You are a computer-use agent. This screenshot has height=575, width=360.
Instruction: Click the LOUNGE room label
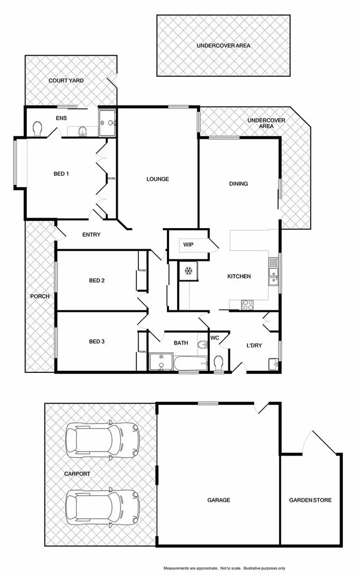tap(157, 179)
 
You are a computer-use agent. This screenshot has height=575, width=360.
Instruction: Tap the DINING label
tap(239, 184)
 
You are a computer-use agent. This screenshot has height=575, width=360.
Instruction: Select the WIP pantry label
tap(188, 245)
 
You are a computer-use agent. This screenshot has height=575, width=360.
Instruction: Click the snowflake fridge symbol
tap(186, 271)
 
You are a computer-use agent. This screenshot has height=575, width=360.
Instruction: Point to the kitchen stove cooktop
tap(247, 304)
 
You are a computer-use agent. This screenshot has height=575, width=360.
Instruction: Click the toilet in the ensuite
tap(38, 128)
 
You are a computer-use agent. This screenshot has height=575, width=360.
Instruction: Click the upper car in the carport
tap(102, 440)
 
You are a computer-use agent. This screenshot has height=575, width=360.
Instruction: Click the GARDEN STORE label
tap(310, 500)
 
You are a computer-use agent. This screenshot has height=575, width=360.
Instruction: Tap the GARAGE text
tap(218, 500)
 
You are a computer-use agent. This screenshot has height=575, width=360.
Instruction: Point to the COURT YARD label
tap(66, 81)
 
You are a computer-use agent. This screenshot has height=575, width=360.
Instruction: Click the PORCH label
tap(40, 296)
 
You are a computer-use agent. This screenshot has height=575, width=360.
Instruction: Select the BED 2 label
tap(96, 281)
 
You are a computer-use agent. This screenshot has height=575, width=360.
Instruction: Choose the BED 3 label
tap(96, 342)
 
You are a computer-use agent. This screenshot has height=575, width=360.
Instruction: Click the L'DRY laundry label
tap(254, 345)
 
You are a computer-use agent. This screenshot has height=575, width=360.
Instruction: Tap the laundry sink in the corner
tap(274, 364)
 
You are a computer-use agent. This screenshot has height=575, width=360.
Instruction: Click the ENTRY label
tap(91, 234)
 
